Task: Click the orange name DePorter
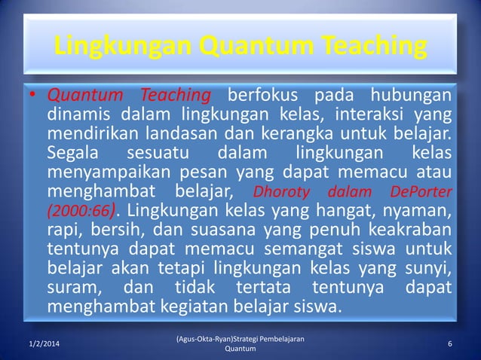point(421,192)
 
